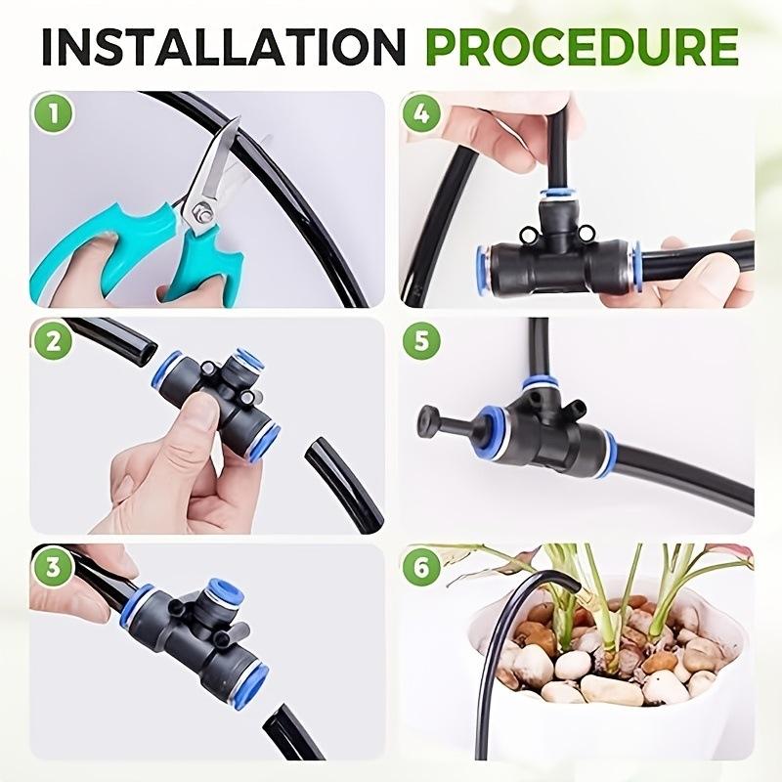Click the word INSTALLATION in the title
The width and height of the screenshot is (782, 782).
[x=223, y=47]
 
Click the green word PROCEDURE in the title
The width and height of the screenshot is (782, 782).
[x=582, y=47]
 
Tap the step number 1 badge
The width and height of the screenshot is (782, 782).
[x=53, y=114]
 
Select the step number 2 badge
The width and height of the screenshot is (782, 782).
[x=53, y=341]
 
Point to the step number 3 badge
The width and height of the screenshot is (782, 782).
[x=53, y=568]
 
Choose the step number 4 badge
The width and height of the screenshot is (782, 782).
[x=421, y=114]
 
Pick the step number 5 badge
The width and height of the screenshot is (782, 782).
[x=421, y=341]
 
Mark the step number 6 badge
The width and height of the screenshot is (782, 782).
[x=421, y=568]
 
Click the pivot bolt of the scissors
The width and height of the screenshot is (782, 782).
[x=202, y=209]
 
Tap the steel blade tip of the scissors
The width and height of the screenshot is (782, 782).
[x=239, y=118]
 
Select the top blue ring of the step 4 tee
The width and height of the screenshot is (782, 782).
[x=558, y=193]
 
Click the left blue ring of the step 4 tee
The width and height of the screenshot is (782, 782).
[x=484, y=264]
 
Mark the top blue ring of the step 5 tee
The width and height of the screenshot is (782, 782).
[x=541, y=384]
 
